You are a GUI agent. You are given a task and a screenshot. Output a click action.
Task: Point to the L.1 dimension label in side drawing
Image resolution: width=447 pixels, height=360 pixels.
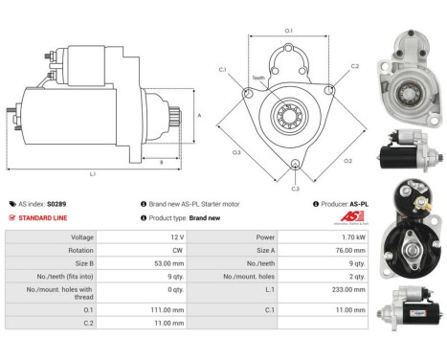93,174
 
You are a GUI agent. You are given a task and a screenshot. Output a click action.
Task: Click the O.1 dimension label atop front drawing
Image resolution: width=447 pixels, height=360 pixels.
289,32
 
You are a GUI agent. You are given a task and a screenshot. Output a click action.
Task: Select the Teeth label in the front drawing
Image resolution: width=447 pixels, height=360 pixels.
258,79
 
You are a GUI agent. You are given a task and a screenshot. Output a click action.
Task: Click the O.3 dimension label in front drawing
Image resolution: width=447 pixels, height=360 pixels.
236,151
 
